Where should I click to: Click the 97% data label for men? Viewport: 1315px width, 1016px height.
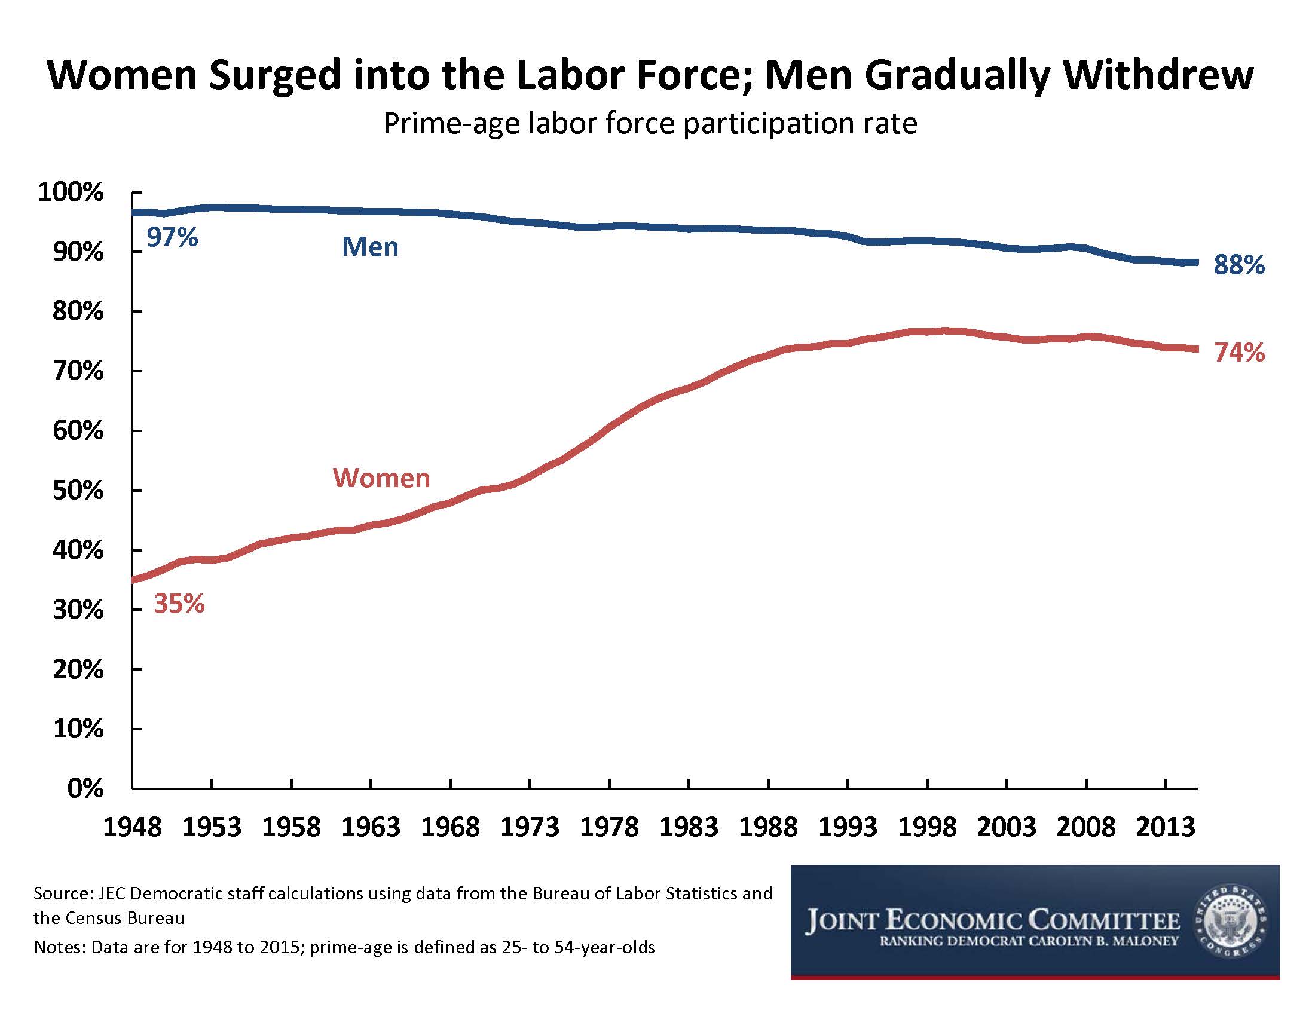(172, 237)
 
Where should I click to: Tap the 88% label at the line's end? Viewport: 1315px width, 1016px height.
(1239, 265)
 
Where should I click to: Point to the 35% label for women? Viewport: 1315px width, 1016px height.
(179, 603)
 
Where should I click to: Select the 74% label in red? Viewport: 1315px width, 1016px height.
(1239, 352)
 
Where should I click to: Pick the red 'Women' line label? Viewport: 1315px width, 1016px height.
(382, 478)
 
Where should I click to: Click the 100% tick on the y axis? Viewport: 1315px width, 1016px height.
(71, 192)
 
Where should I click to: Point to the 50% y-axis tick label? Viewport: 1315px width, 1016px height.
(78, 491)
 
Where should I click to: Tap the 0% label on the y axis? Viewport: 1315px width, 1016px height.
(85, 788)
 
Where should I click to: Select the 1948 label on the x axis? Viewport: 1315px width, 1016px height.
(133, 827)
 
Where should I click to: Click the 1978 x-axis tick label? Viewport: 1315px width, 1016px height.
(609, 827)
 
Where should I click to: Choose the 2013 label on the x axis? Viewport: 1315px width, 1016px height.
(1166, 827)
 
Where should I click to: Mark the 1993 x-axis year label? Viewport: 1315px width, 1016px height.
(848, 827)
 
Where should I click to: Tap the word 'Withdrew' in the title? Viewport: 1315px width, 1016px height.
(1158, 75)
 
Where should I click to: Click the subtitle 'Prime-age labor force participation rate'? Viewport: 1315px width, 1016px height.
(650, 123)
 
